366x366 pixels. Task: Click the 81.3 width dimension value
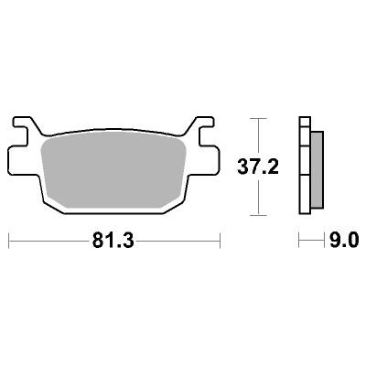(x=113, y=241)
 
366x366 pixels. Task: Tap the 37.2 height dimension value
(x=258, y=167)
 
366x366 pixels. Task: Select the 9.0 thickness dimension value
(x=344, y=241)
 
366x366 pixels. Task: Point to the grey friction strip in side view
(x=317, y=170)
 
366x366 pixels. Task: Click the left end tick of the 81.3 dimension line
(x=8, y=241)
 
